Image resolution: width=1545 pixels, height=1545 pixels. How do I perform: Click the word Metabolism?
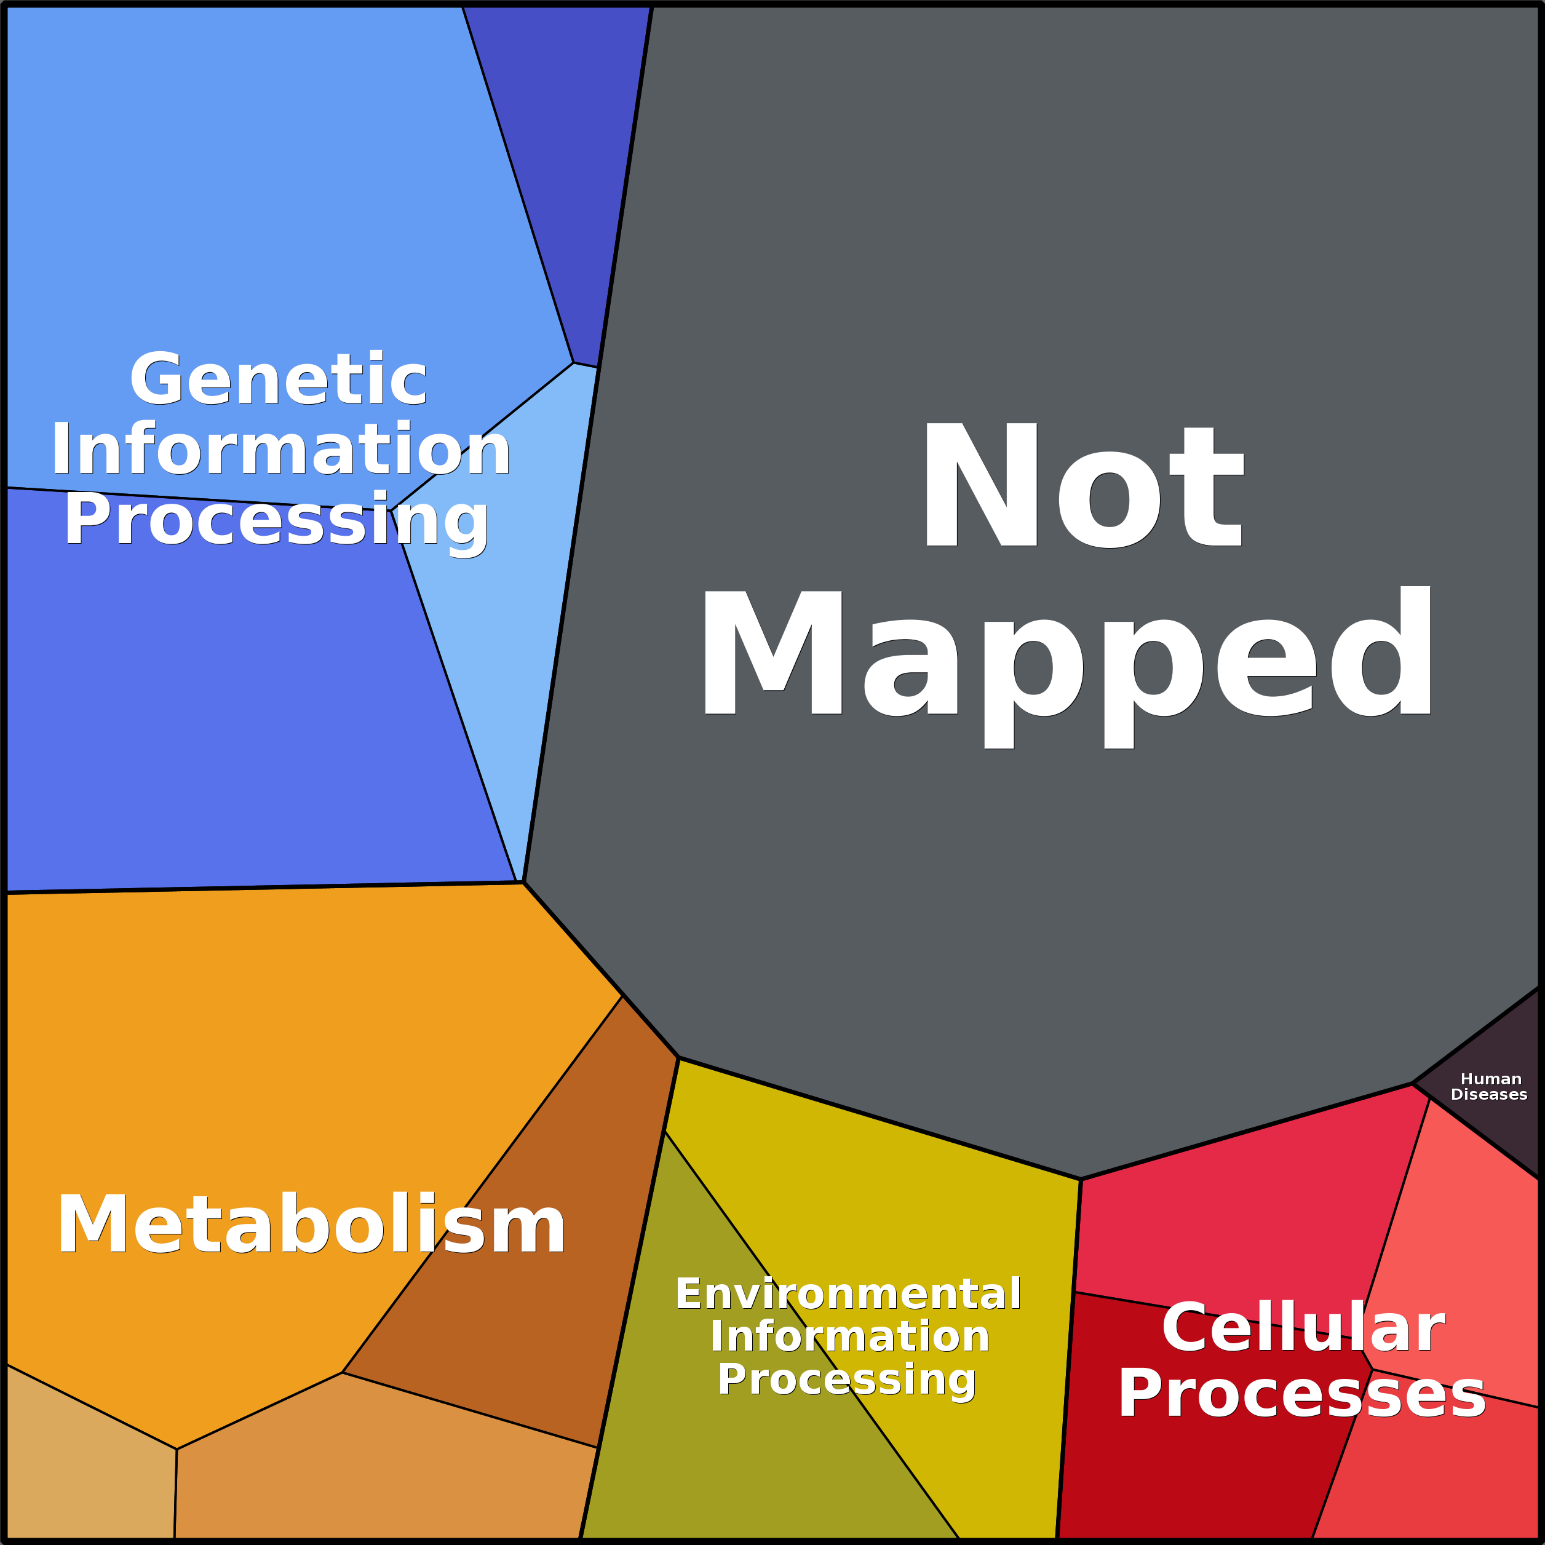[311, 1226]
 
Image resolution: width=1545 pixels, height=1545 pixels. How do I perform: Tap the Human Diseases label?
[1489, 1087]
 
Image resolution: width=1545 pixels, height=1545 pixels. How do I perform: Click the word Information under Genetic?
[280, 450]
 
